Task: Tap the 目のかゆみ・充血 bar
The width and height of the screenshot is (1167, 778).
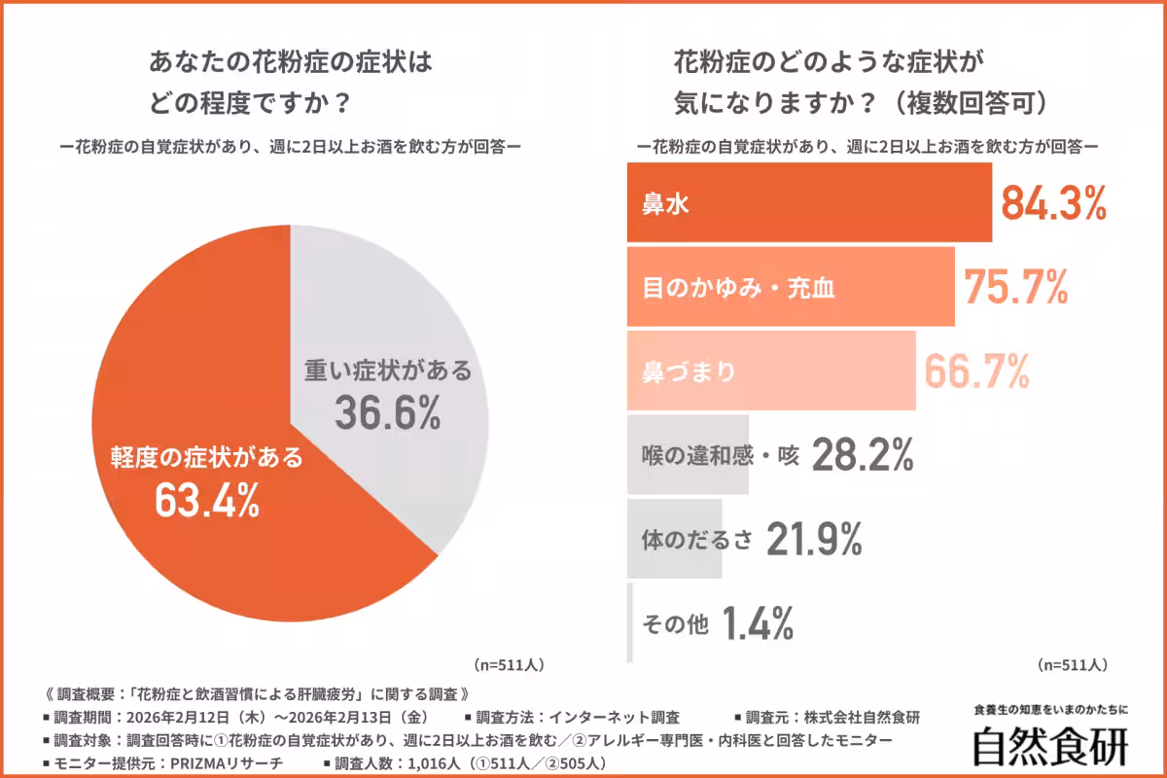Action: (x=790, y=287)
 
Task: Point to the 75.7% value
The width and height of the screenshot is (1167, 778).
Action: (x=1016, y=287)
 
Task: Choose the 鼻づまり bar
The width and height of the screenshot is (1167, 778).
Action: (x=770, y=371)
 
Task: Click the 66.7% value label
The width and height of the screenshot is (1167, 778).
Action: (x=976, y=371)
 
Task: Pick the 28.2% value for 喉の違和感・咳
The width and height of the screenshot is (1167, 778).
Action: (x=862, y=454)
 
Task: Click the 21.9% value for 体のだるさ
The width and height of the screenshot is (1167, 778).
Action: (x=814, y=538)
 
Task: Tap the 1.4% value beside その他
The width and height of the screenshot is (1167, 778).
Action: (x=759, y=622)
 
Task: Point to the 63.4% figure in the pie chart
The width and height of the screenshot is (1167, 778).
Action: (x=207, y=502)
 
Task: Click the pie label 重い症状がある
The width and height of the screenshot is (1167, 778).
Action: (x=388, y=371)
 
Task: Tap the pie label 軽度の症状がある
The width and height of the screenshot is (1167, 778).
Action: (x=207, y=458)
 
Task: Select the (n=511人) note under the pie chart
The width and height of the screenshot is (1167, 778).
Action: (x=509, y=665)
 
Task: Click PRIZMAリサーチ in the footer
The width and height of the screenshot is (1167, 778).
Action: (x=225, y=763)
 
